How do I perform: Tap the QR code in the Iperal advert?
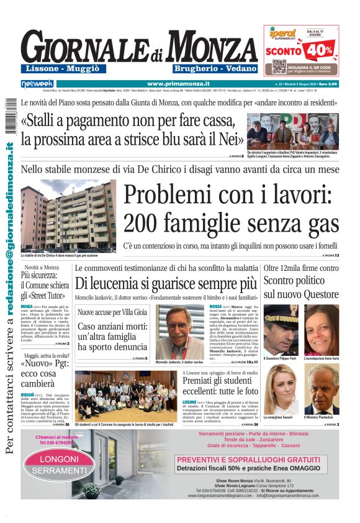[x=279, y=66]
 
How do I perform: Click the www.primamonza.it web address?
[x=178, y=83]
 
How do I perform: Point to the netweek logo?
[x=37, y=83]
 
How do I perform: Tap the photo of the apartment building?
[x=68, y=215]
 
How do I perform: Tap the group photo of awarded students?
[x=125, y=396]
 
